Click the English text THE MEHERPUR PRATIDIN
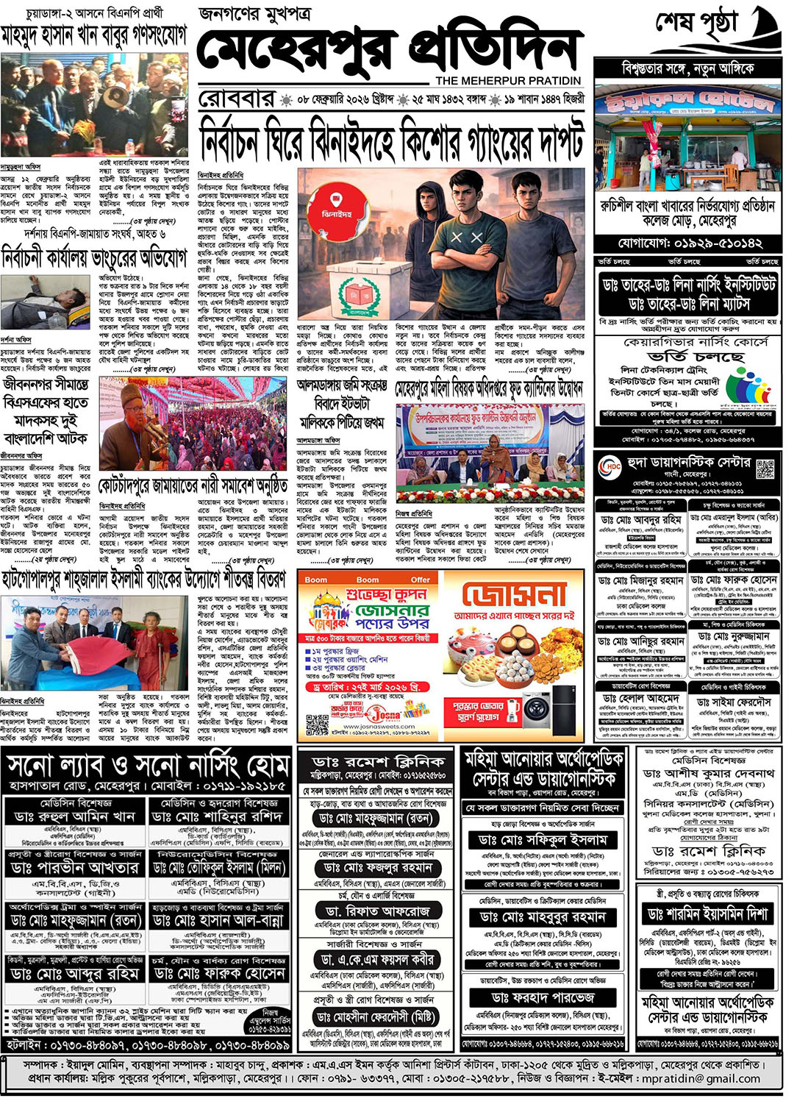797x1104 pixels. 508,80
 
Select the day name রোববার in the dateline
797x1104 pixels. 236,99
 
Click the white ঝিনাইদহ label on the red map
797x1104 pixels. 337,214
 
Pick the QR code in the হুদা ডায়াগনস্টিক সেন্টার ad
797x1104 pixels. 765,469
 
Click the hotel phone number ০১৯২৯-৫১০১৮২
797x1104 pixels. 690,243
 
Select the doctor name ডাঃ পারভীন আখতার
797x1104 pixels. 74,868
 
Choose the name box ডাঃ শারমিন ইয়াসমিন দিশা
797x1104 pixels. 708,914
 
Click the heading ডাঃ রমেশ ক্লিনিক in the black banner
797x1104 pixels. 378,761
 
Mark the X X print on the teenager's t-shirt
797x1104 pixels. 466,238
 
